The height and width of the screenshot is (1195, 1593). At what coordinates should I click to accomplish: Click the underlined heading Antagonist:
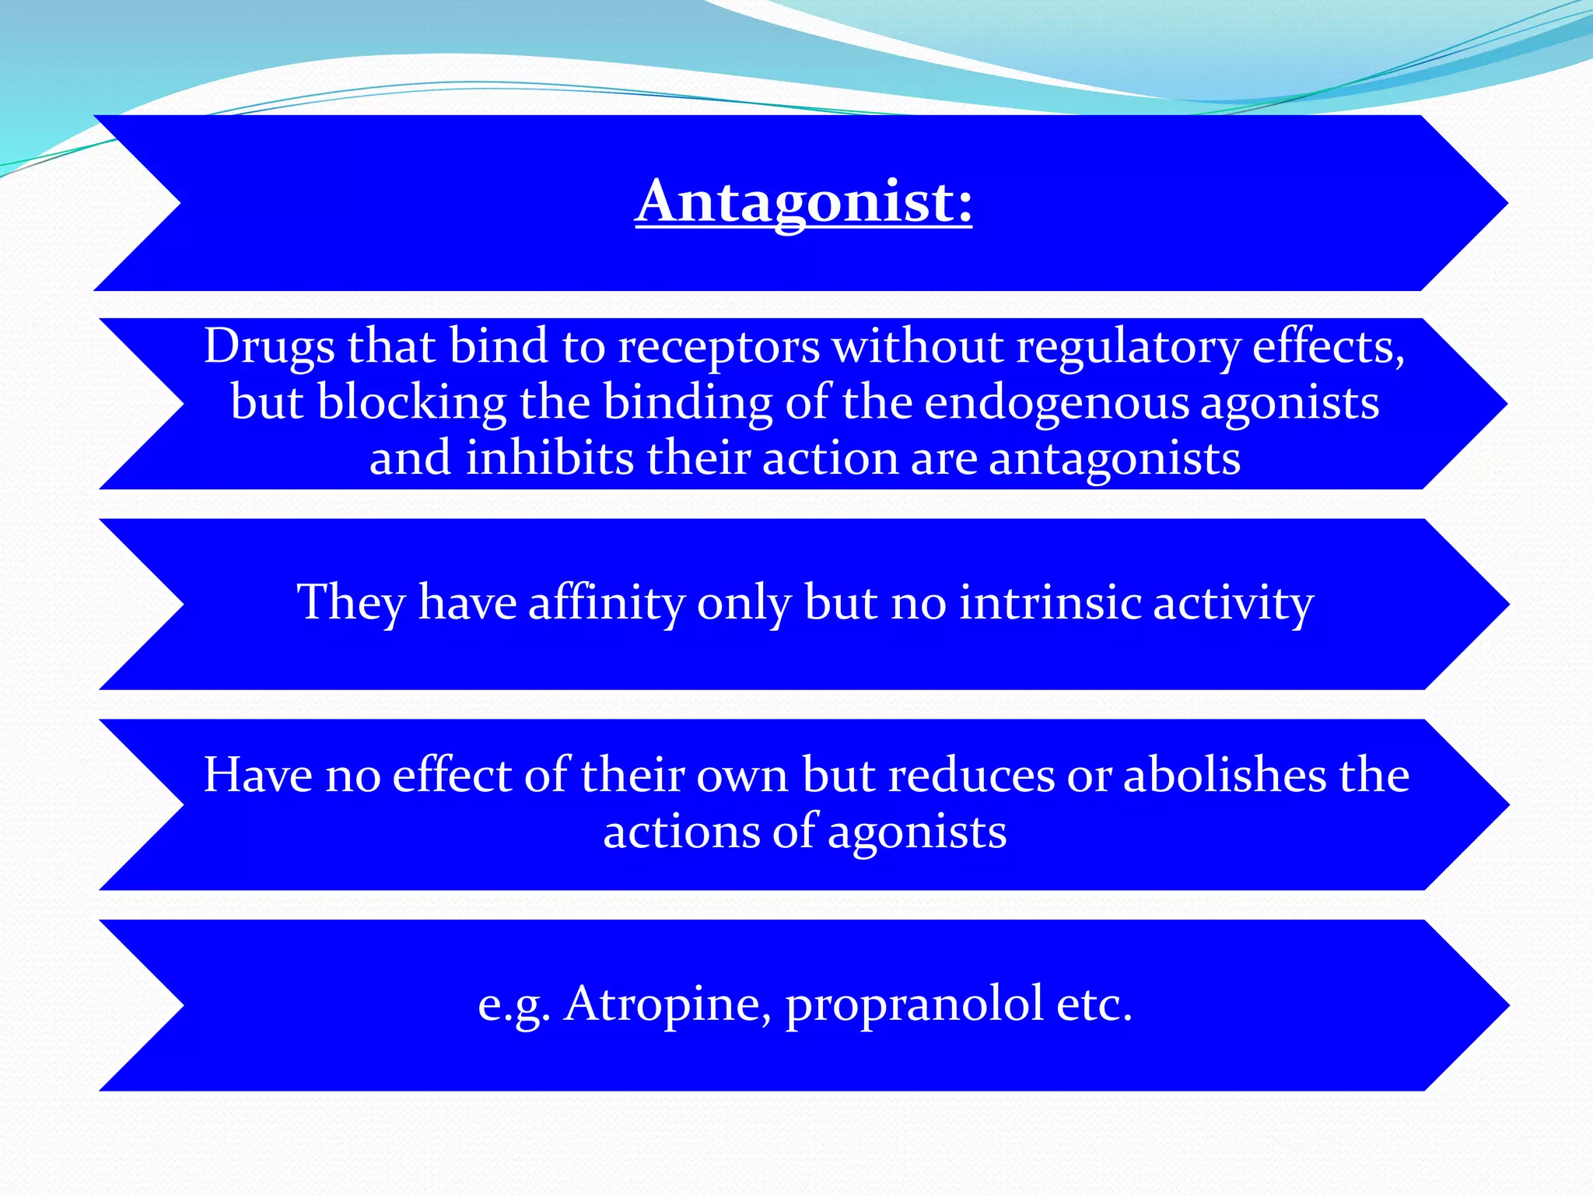click(x=804, y=202)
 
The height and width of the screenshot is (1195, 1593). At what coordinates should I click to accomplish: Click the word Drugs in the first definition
click(x=269, y=347)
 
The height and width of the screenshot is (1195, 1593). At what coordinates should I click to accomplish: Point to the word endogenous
click(x=1056, y=404)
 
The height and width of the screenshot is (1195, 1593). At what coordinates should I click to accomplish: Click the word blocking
click(x=412, y=404)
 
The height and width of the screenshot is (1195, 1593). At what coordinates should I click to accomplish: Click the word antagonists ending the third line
click(x=1114, y=460)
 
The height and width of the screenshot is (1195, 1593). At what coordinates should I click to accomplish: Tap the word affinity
click(x=606, y=603)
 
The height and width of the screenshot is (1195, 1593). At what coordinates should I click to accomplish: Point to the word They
click(x=352, y=603)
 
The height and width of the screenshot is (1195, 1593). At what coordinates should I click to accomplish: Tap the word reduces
click(x=971, y=777)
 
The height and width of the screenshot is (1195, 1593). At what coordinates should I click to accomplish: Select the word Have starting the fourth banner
click(x=257, y=776)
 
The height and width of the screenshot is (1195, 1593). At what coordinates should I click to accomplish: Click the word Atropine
click(x=668, y=1005)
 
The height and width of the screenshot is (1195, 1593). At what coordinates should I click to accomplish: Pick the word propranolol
click(x=915, y=1005)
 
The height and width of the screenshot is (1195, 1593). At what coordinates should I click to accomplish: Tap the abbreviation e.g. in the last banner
click(x=514, y=1006)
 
